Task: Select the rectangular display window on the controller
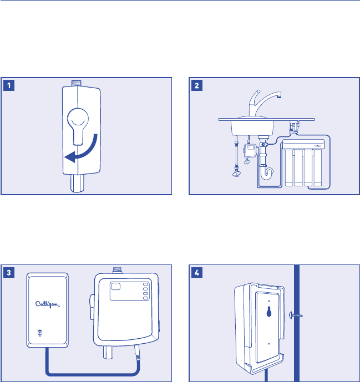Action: pyautogui.click(x=119, y=287)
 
